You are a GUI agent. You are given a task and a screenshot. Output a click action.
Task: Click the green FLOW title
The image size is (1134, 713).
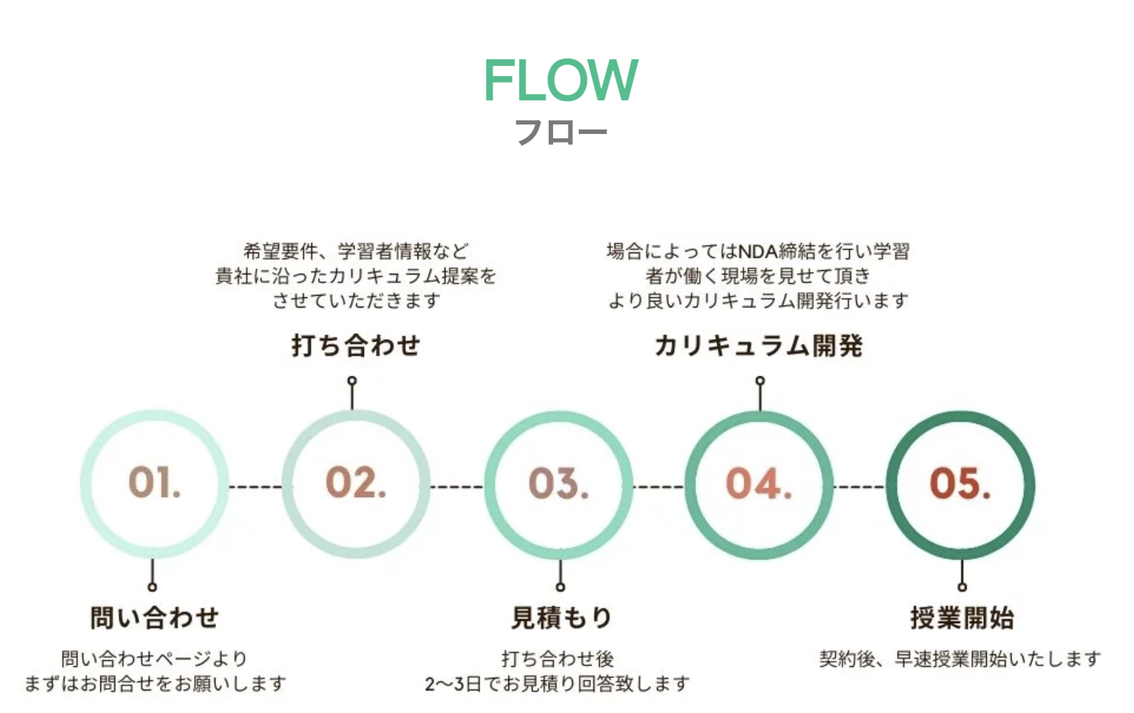[560, 80]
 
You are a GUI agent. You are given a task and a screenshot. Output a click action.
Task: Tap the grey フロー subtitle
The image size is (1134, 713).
[560, 132]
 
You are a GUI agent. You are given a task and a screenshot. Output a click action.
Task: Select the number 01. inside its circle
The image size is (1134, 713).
[155, 483]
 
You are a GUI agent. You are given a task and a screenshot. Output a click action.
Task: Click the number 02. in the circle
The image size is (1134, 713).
[356, 483]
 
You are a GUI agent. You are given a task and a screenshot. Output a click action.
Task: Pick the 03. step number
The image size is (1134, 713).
[558, 484]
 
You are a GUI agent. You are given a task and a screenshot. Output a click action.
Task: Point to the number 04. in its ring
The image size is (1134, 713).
[759, 484]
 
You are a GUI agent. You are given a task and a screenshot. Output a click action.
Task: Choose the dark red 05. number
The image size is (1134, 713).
[960, 484]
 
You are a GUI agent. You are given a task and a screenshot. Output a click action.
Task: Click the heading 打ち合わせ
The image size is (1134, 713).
[356, 345]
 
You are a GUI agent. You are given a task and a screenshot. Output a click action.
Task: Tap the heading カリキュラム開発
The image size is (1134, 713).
[759, 345]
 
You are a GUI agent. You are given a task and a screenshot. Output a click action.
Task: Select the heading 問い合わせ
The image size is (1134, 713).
[155, 617]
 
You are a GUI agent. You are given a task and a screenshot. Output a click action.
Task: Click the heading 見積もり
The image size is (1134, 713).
[561, 617]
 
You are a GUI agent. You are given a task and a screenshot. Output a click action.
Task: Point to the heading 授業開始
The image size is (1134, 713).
[962, 617]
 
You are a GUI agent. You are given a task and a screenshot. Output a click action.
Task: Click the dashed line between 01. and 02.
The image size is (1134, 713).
[255, 486]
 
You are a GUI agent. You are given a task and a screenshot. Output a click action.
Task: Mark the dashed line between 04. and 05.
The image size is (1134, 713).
[859, 486]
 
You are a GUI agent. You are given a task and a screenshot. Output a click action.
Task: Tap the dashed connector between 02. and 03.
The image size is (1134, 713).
[456, 486]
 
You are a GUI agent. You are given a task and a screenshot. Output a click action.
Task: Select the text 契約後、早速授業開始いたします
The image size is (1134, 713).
[960, 659]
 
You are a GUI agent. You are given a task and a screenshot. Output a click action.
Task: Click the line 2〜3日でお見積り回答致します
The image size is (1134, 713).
[557, 684]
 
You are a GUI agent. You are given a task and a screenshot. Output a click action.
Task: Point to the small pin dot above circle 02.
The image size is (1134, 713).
[352, 381]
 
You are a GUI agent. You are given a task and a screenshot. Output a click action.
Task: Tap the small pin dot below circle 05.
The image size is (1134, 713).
[962, 586]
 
